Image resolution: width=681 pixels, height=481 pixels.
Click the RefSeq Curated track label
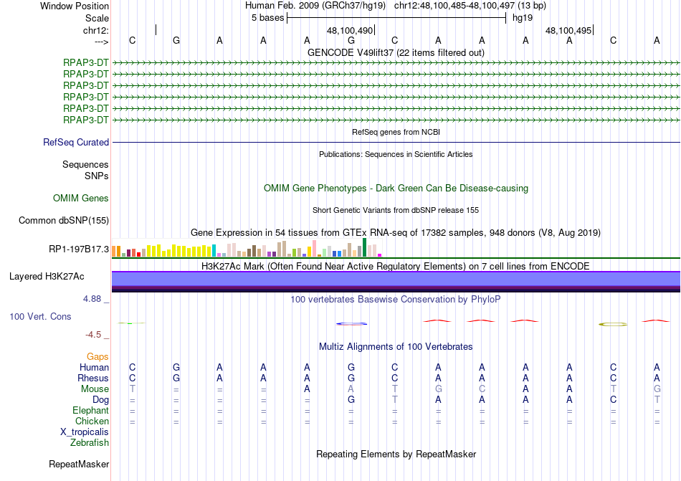76,143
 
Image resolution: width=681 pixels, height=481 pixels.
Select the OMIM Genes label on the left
81,199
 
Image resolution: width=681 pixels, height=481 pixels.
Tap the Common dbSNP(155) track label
64,221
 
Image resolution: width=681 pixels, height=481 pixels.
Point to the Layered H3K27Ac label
47,276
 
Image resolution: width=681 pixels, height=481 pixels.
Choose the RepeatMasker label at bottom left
78,465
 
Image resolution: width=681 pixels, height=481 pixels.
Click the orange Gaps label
97,356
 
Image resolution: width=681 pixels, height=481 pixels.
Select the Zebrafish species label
90,443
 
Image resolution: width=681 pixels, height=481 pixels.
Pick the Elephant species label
90,411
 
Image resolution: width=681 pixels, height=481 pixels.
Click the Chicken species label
92,422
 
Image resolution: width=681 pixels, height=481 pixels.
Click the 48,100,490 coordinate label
350,31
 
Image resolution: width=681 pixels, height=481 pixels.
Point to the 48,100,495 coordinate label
568,31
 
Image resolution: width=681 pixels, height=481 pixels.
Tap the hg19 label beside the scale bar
523,18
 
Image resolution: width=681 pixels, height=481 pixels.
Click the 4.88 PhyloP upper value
97,300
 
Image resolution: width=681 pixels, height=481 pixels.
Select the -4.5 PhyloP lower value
97,335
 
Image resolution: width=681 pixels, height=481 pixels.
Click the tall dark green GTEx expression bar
365,247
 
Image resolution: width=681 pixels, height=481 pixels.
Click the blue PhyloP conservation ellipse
351,324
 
